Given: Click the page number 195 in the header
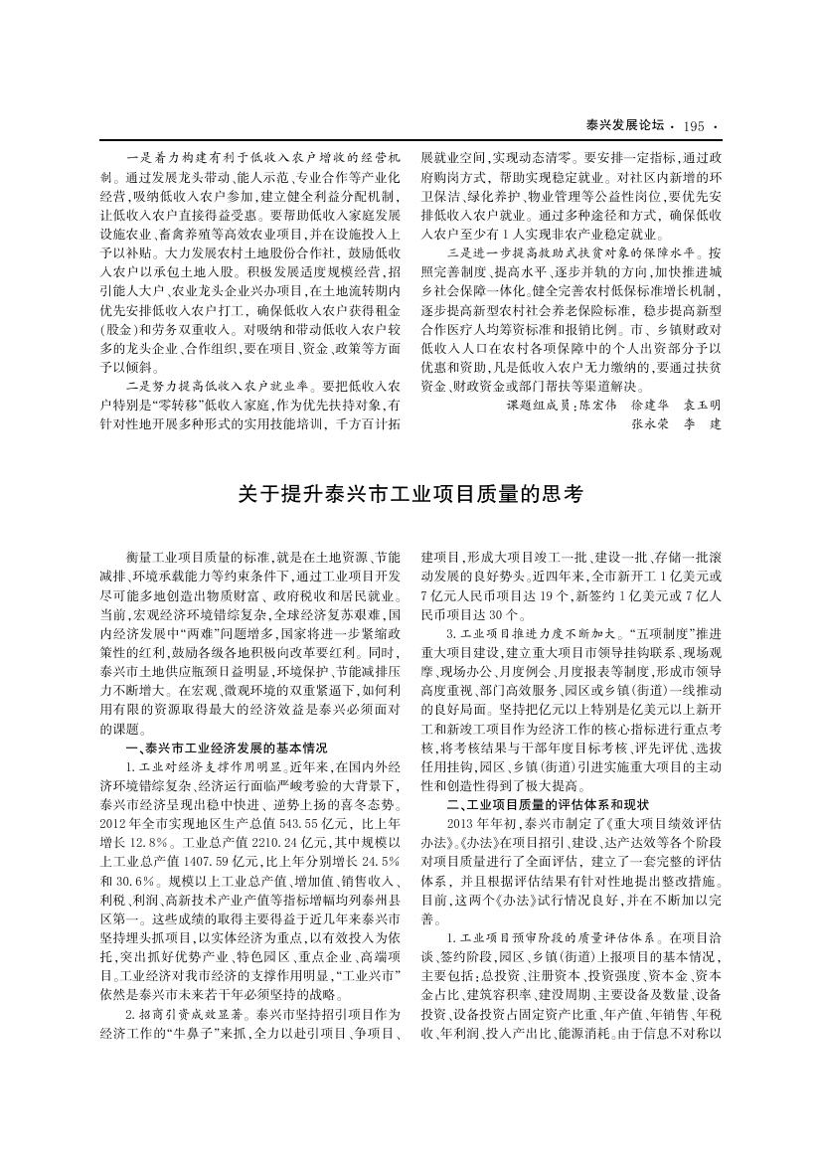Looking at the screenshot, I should pos(694,126).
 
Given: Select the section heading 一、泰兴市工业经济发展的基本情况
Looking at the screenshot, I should pos(225,747).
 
